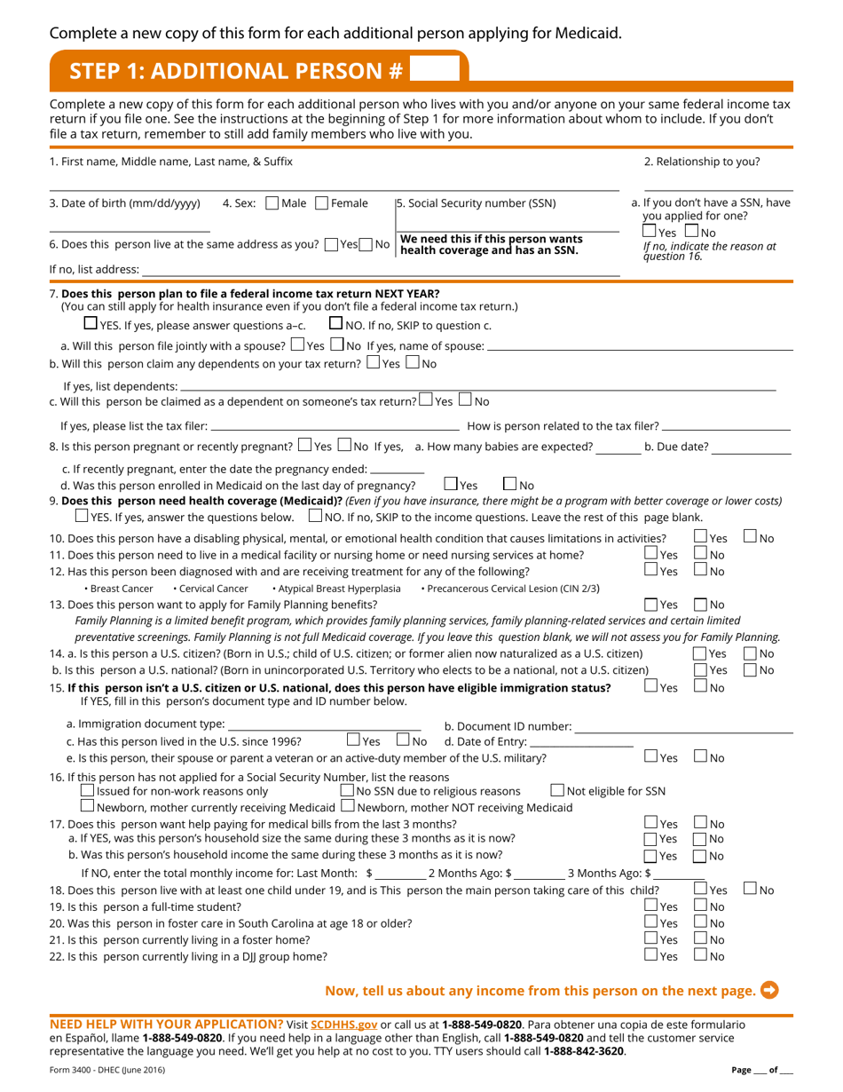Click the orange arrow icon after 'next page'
click(x=770, y=990)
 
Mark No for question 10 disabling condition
click(x=751, y=538)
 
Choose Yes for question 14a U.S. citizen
click(x=699, y=629)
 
